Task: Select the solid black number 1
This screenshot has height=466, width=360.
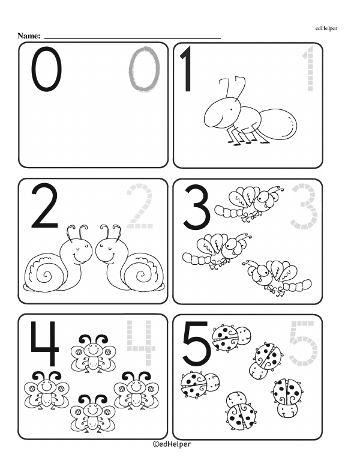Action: coord(187,69)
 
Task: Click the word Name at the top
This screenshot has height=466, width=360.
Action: coord(29,35)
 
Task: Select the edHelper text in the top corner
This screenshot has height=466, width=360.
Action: coord(326,28)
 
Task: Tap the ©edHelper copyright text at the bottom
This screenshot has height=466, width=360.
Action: coord(172,444)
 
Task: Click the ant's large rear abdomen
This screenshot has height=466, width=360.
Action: coord(279,124)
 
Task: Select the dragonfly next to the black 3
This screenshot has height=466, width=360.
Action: coord(249,204)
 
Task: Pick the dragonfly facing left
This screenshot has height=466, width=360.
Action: coord(277,277)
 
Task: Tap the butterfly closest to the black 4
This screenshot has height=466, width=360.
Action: coord(93,353)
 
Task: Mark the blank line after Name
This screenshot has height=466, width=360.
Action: coord(133,38)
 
